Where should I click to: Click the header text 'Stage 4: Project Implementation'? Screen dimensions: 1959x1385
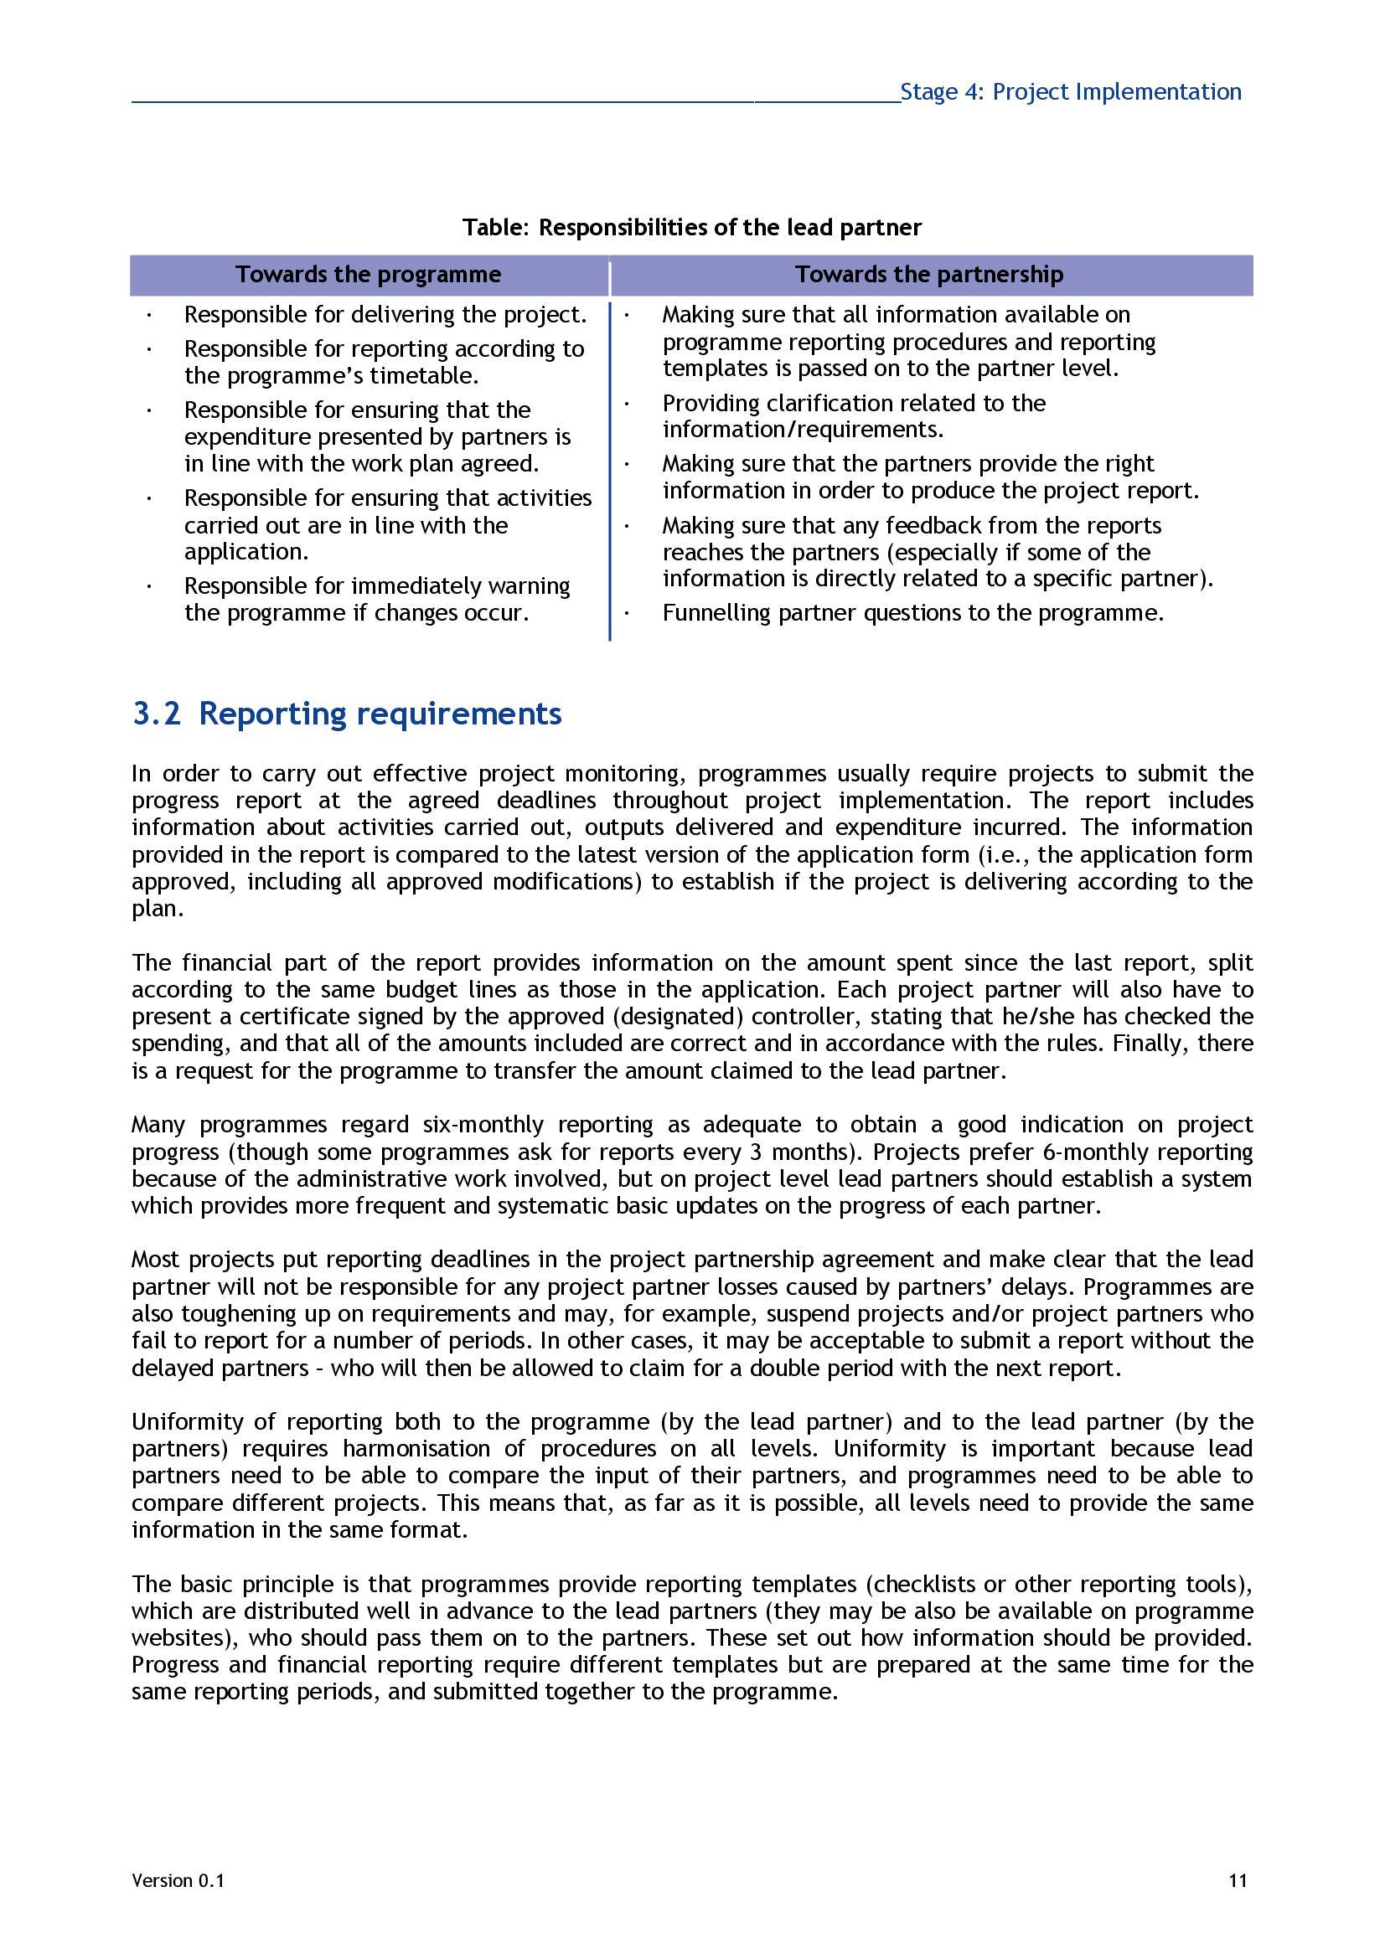1070,91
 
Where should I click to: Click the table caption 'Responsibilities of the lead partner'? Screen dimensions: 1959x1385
730,228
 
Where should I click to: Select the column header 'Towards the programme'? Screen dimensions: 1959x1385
369,275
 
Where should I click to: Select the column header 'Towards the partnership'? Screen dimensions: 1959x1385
929,275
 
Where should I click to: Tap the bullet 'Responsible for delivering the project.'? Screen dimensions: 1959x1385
385,315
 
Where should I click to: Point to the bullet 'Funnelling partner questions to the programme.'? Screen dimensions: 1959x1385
913,613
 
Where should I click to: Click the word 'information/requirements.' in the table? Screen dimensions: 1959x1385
803,429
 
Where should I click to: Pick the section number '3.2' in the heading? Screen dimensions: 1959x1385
156,714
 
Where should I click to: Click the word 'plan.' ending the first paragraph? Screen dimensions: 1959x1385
157,909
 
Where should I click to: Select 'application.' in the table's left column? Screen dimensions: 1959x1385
246,552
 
